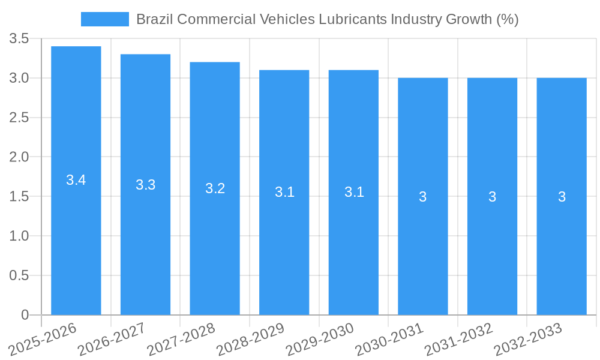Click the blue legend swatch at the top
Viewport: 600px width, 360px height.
[x=104, y=19]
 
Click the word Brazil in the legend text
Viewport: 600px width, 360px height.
[x=154, y=19]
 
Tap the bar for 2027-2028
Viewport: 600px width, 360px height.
[x=215, y=240]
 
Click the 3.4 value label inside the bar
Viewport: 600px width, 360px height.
[x=76, y=180]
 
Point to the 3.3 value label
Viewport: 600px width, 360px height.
[x=146, y=185]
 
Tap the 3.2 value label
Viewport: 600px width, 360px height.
[x=215, y=188]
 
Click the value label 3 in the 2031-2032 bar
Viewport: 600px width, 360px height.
[x=492, y=197]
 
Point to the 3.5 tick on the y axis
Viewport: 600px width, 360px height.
[x=19, y=39]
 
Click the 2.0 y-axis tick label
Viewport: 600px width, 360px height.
[x=19, y=157]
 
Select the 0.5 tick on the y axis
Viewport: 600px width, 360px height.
[x=19, y=275]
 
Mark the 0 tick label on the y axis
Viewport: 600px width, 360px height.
[x=25, y=315]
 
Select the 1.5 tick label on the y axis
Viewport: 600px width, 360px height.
[x=19, y=197]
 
